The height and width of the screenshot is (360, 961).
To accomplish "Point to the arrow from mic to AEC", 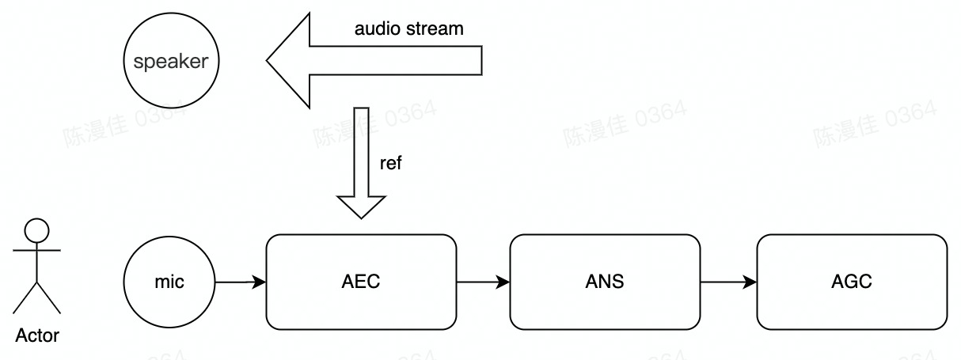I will (241, 282).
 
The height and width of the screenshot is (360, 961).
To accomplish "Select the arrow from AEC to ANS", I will (483, 282).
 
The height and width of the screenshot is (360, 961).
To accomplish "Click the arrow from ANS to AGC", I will (728, 282).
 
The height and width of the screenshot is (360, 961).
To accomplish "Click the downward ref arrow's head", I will (361, 205).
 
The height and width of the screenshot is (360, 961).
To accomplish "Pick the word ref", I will (391, 165).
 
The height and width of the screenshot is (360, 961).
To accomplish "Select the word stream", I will (435, 29).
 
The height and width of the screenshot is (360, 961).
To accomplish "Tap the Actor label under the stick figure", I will (37, 335).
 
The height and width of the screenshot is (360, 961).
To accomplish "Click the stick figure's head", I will (37, 230).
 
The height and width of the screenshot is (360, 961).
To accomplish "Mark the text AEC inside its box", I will (361, 282).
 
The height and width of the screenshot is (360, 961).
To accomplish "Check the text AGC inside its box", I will (852, 282).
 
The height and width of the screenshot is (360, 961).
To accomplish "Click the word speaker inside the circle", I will (171, 62).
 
